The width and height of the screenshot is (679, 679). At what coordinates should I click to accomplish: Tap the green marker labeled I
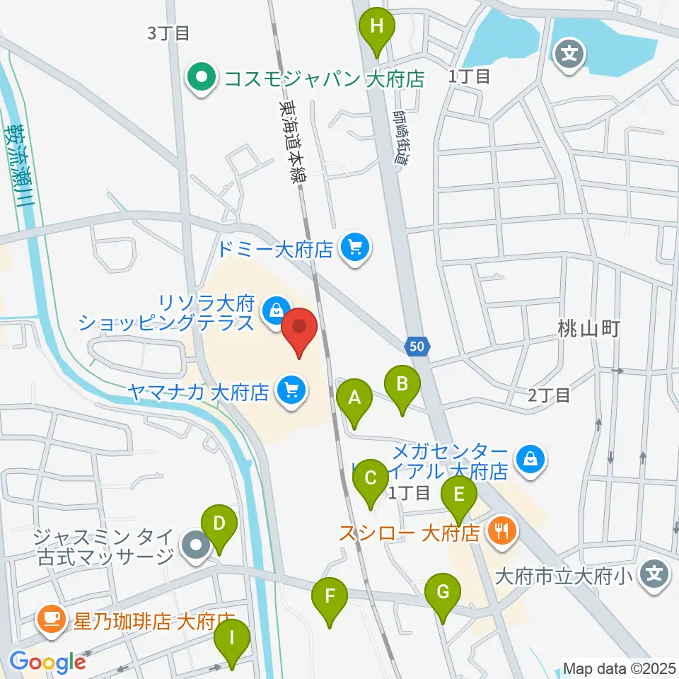(x=233, y=642)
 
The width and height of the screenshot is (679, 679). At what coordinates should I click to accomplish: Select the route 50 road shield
(x=418, y=346)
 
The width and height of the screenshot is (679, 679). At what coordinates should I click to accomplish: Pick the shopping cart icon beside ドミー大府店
(x=354, y=248)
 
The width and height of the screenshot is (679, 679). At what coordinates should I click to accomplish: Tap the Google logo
(x=48, y=662)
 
